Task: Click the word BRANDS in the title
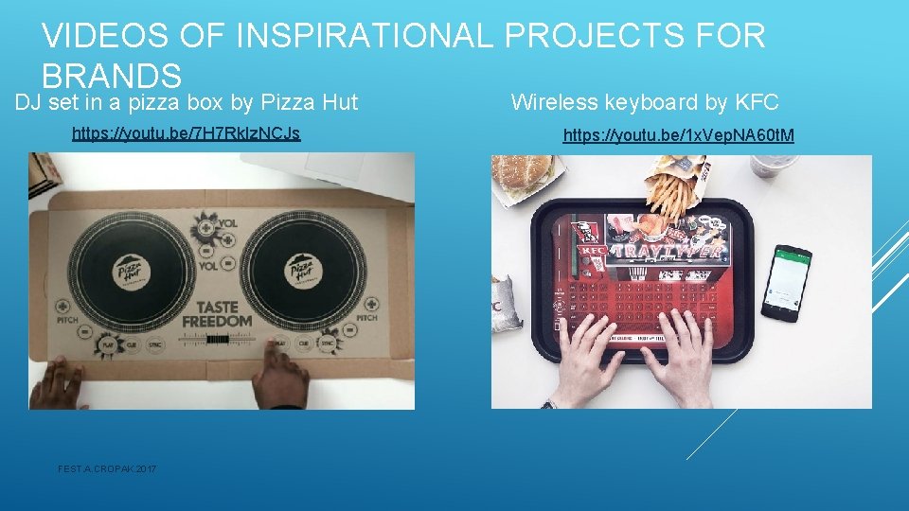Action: point(112,75)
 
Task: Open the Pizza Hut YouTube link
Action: point(186,133)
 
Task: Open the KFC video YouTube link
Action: point(678,136)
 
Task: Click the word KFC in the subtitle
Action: point(757,102)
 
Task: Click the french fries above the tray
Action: point(674,195)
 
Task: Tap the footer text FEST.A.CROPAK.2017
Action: point(107,469)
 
